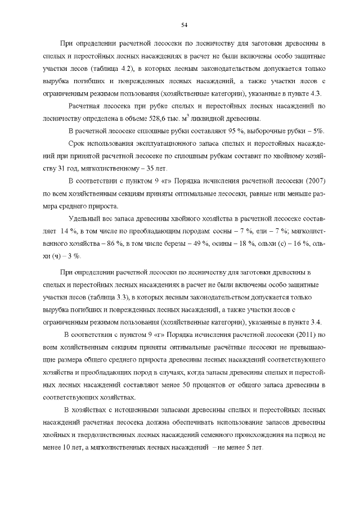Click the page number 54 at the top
pyautogui.click(x=184, y=24)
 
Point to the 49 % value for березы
pyautogui.click(x=185, y=243)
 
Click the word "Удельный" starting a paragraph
pyautogui.click(x=82, y=218)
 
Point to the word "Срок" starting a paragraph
pyautogui.click(x=76, y=143)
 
